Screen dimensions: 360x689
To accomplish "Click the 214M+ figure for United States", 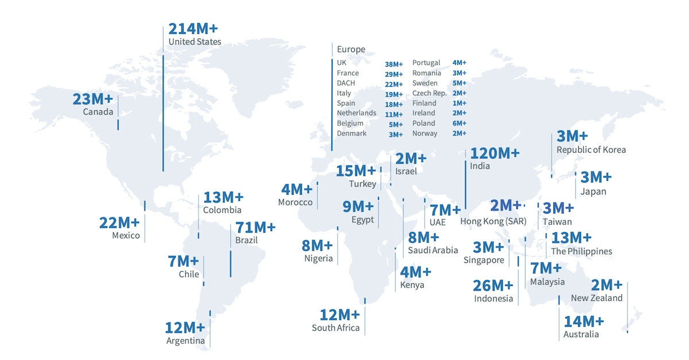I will pyautogui.click(x=193, y=29).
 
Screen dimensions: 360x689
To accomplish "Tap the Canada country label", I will pyautogui.click(x=98, y=111).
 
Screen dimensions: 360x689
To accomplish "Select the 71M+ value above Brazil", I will pyautogui.click(x=256, y=227).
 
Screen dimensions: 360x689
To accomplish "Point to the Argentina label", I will pyautogui.click(x=185, y=340).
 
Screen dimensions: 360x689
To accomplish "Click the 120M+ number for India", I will pyautogui.click(x=494, y=153).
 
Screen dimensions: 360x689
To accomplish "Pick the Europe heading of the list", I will pyautogui.click(x=351, y=49).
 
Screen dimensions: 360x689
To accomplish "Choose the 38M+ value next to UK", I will pyautogui.click(x=394, y=63).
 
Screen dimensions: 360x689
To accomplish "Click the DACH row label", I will pyautogui.click(x=346, y=83).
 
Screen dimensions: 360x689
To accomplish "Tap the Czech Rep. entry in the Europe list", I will pyautogui.click(x=429, y=93).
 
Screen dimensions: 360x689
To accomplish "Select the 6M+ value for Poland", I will pyautogui.click(x=459, y=123).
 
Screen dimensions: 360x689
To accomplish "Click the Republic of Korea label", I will pyautogui.click(x=591, y=150).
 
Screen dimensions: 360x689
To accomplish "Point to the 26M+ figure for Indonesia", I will pyautogui.click(x=493, y=285).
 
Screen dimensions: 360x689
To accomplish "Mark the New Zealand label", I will pyautogui.click(x=597, y=298).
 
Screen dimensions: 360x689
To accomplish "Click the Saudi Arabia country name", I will pyautogui.click(x=433, y=250).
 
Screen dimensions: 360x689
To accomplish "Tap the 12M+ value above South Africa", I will pyautogui.click(x=339, y=315).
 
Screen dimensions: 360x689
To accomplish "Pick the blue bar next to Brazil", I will pyautogui.click(x=230, y=263).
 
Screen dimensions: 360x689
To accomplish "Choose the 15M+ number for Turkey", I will pyautogui.click(x=356, y=171).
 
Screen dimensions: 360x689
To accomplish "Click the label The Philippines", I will pyautogui.click(x=581, y=251).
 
